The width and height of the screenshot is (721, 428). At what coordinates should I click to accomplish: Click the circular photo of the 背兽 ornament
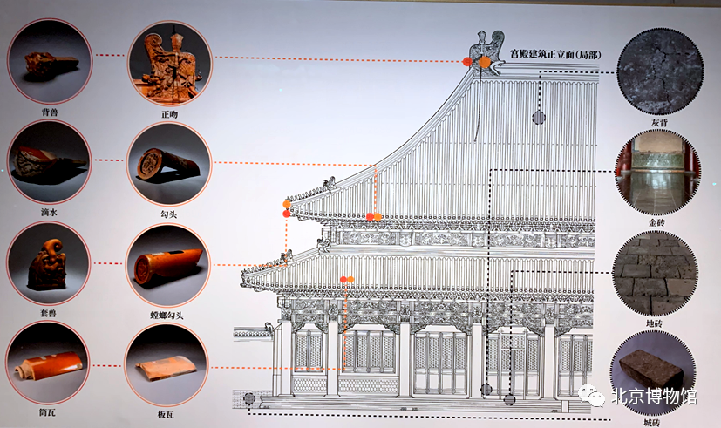pyautogui.click(x=49, y=60)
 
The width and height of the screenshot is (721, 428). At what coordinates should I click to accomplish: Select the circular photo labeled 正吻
pyautogui.click(x=169, y=60)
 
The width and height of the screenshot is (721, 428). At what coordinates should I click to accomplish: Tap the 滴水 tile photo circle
pyautogui.click(x=49, y=161)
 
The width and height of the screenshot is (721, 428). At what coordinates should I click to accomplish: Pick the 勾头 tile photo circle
pyautogui.click(x=169, y=162)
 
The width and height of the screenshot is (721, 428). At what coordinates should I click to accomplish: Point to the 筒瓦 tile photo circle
pyautogui.click(x=49, y=366)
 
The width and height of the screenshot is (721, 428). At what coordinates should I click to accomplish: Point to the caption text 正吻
pyautogui.click(x=169, y=112)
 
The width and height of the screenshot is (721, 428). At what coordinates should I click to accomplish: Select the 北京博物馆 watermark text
pyautogui.click(x=654, y=397)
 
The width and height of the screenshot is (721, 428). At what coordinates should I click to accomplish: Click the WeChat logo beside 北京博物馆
pyautogui.click(x=595, y=397)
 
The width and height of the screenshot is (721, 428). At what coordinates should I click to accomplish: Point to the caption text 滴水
pyautogui.click(x=49, y=212)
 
